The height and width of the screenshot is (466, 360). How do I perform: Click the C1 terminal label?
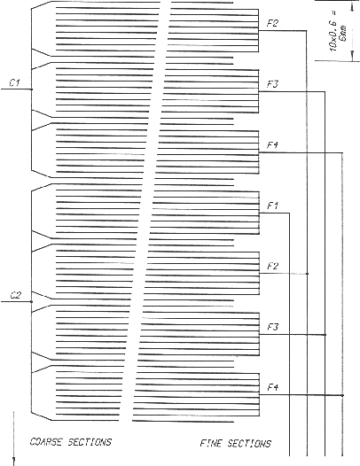[x=15, y=82]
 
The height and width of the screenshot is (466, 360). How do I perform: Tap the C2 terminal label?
[x=16, y=295]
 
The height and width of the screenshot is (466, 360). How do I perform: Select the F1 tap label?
[x=272, y=206]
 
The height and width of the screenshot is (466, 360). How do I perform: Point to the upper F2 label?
[x=272, y=23]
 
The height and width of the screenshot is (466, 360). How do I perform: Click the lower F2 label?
[x=273, y=266]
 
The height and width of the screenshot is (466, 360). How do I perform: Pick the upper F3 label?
[x=272, y=84]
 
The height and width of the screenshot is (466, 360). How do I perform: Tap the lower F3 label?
[x=273, y=327]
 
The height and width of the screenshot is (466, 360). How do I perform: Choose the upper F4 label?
[x=272, y=145]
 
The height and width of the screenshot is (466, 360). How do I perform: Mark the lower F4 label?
[x=273, y=387]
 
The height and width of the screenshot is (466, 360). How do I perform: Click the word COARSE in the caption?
[x=46, y=442]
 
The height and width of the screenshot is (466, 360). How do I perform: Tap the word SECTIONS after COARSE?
[x=90, y=442]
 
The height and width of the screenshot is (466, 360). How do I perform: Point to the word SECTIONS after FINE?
[x=249, y=444]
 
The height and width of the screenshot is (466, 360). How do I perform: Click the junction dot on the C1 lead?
[x=32, y=89]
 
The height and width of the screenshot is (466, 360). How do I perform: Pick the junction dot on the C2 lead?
[x=32, y=302]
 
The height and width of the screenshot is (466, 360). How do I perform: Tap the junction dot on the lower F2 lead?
[x=308, y=274]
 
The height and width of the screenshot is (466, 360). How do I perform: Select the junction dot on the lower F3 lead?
[x=325, y=335]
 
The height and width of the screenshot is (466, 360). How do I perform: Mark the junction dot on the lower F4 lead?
[x=342, y=395]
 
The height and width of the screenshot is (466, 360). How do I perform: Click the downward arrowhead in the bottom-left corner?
[x=13, y=462]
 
